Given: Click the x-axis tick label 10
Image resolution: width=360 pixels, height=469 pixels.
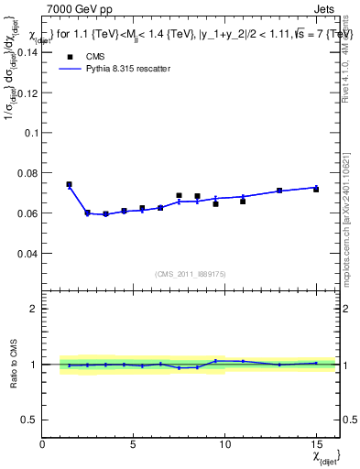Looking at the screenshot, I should pyautogui.click(x=224, y=444).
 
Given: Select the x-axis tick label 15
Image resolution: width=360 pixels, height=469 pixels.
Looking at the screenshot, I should pyautogui.click(x=316, y=444).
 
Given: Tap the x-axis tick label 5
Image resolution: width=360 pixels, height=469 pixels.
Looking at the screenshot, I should pyautogui.click(x=134, y=444).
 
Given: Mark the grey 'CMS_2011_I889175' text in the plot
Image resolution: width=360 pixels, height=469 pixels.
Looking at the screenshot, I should pyautogui.click(x=191, y=273).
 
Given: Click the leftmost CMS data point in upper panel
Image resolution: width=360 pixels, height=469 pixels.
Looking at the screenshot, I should pyautogui.click(x=69, y=184).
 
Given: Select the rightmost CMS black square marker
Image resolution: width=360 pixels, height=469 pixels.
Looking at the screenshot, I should pyautogui.click(x=316, y=189).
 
